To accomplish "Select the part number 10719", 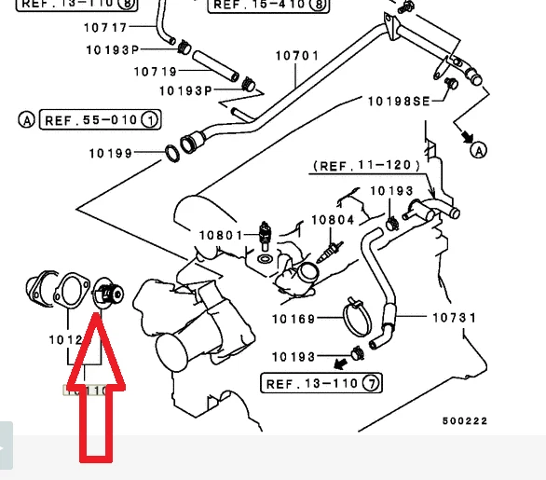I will click(156, 71).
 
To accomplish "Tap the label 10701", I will click(297, 56).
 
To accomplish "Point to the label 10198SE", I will click(397, 101).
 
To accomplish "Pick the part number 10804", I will click(333, 221).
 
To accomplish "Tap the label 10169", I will click(294, 319).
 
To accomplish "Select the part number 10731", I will click(454, 318).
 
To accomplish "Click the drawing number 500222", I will click(464, 420).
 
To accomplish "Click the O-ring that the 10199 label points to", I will click(172, 151).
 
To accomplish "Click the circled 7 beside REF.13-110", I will click(371, 383).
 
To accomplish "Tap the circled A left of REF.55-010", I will click(26, 119).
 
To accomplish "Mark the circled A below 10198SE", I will click(478, 149).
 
